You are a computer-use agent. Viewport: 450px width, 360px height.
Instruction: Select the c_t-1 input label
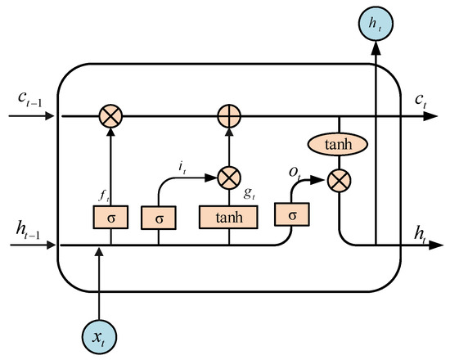pyautogui.click(x=28, y=99)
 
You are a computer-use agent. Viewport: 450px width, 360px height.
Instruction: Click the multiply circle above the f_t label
pyautogui.click(x=111, y=117)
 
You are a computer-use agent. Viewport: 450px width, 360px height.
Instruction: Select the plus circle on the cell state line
pyautogui.click(x=229, y=117)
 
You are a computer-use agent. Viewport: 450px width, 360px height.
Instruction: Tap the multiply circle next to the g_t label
pyautogui.click(x=229, y=174)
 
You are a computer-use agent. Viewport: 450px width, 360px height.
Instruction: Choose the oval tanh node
pyautogui.click(x=336, y=144)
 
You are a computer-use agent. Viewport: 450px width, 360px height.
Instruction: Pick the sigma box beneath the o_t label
pyautogui.click(x=291, y=216)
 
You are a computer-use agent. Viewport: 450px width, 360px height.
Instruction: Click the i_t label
pyautogui.click(x=183, y=166)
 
